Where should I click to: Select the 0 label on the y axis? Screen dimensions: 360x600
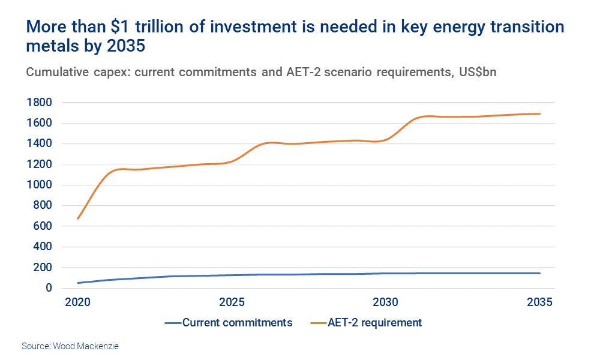tap(48, 288)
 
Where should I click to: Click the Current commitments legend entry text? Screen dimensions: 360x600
tap(238, 323)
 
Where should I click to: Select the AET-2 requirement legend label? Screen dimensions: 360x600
tap(375, 323)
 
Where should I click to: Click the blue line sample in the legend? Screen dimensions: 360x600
tap(173, 323)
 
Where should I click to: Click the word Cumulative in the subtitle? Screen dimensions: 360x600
tap(57, 72)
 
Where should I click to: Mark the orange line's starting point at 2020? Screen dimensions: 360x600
tap(78, 218)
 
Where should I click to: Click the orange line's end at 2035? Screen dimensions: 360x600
tap(540, 113)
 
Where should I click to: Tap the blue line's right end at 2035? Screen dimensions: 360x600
tap(540, 273)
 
